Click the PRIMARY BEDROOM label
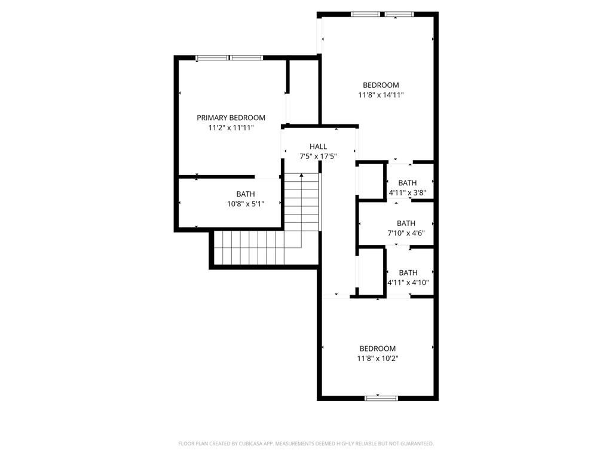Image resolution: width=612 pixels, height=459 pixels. pos(231,118)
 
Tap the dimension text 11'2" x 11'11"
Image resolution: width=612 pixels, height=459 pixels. pos(231,128)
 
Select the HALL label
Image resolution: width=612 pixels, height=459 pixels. pos(318,146)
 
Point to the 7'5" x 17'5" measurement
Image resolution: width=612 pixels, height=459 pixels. pos(318,157)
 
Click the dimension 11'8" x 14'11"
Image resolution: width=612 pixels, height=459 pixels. pos(381,95)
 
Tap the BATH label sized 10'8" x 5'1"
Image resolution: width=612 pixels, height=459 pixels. pos(245,194)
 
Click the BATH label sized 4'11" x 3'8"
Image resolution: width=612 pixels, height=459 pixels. pos(408,183)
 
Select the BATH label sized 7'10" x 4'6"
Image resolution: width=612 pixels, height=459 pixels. pos(406,224)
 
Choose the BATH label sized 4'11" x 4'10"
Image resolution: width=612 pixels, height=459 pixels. pos(408,273)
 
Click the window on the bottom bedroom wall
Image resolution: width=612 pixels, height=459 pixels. pos(381,397)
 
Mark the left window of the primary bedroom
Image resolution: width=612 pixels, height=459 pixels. pos(213,58)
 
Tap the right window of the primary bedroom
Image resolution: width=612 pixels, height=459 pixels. pos(247,58)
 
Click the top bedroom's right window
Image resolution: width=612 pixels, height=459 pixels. pos(399,14)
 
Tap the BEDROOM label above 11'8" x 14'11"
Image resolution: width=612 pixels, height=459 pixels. pos(381,85)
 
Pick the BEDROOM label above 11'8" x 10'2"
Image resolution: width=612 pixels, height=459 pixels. pos(377,348)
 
